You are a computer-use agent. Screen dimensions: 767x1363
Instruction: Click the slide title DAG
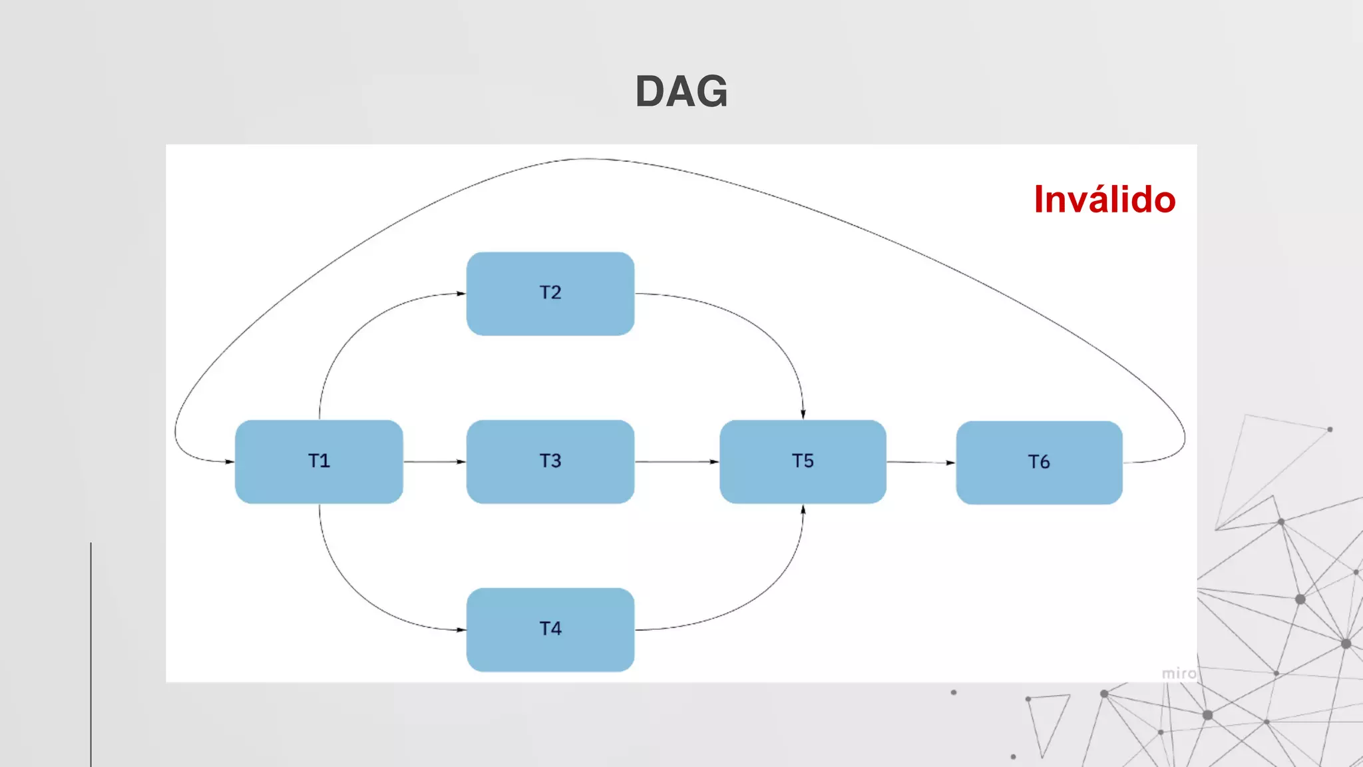tap(681, 91)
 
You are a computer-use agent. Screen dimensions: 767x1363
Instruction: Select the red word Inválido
tap(1105, 199)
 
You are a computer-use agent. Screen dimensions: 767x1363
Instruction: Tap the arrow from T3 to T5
tap(676, 461)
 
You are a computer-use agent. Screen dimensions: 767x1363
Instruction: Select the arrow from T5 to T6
tap(920, 462)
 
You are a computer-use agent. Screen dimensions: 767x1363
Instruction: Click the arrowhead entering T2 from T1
tap(461, 294)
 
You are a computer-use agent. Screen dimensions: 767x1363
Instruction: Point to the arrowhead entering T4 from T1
tap(461, 629)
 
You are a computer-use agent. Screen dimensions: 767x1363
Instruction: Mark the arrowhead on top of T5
tap(803, 413)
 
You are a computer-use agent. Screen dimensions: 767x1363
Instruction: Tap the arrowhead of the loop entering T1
tap(229, 461)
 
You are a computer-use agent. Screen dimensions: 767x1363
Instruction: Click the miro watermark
tap(1179, 674)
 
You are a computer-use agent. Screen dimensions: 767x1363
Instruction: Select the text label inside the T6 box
tap(1039, 462)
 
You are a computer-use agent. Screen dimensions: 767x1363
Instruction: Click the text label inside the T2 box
tap(550, 292)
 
